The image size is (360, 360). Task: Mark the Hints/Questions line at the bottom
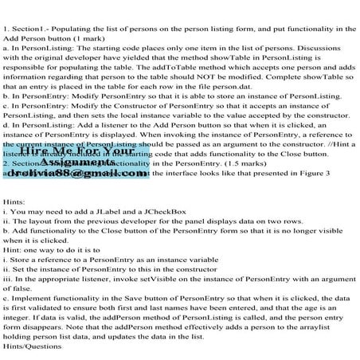pyautogui.click(x=29, y=354)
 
